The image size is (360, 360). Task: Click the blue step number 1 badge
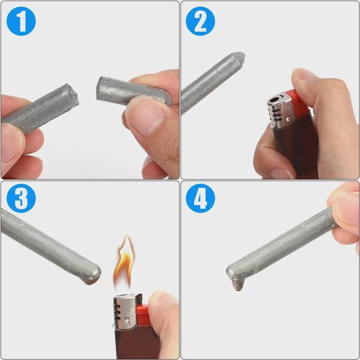pos(21,21)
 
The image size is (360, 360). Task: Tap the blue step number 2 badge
pos(200,21)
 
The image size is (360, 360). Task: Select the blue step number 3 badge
pos(21,200)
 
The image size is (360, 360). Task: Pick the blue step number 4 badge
pos(200,200)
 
